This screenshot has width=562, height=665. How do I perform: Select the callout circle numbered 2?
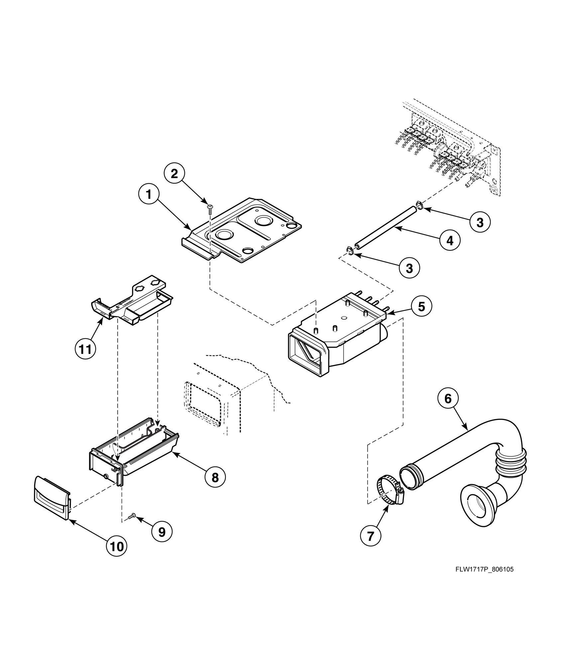click(174, 174)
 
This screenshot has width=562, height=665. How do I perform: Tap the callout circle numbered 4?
click(450, 240)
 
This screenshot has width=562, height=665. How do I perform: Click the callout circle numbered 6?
click(448, 399)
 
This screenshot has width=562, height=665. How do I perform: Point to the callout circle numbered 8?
click(215, 478)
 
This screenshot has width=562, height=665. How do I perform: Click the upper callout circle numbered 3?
click(480, 222)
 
